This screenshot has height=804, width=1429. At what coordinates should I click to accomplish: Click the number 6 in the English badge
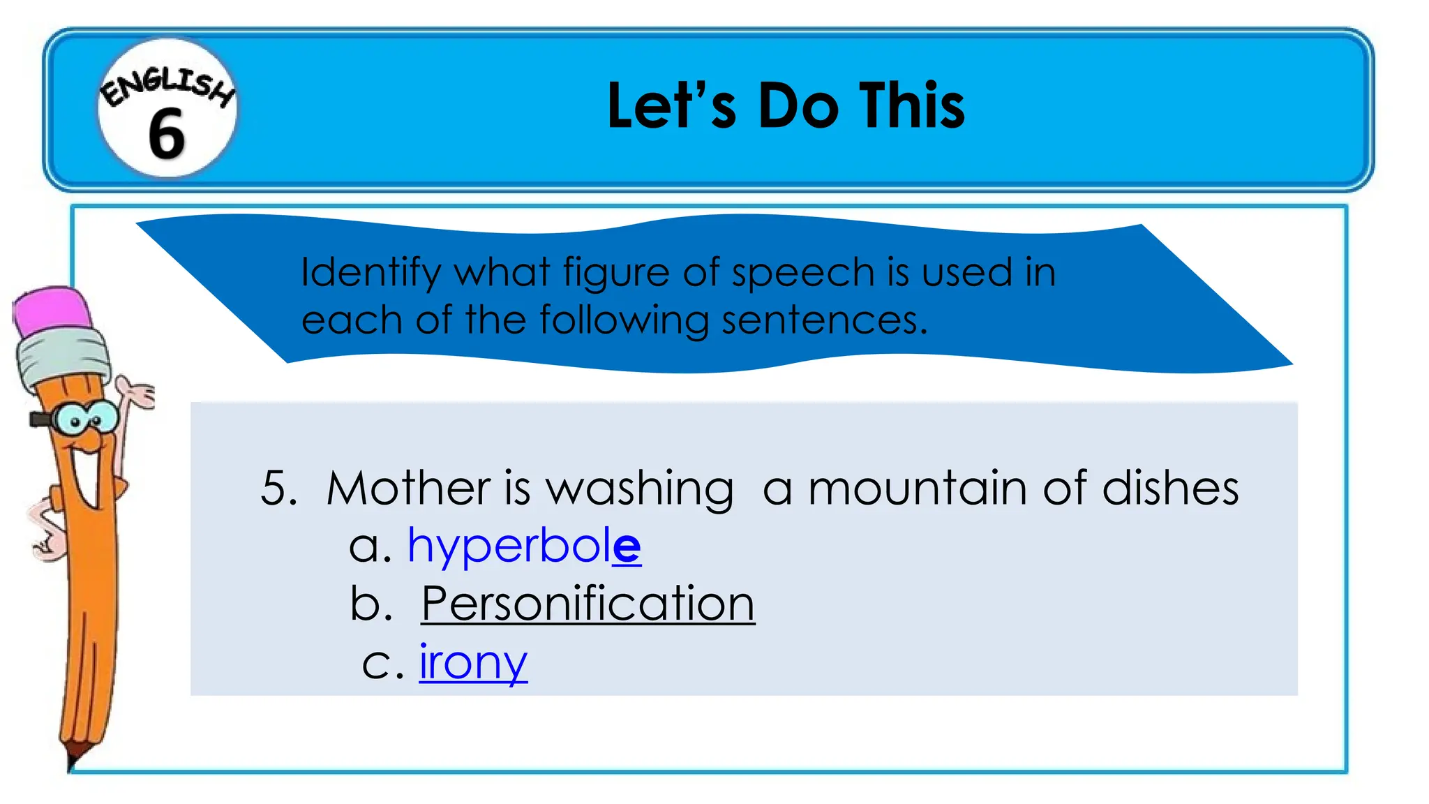[x=167, y=133]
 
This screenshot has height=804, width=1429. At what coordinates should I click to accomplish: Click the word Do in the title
[x=798, y=106]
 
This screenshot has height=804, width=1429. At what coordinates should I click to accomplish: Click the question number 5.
[x=277, y=488]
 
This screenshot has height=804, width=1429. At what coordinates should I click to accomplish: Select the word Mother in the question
[x=408, y=488]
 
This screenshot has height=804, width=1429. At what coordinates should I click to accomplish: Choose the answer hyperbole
[x=524, y=546]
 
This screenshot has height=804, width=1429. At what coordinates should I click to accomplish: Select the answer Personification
[x=588, y=604]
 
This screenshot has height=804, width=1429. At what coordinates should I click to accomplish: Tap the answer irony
[x=473, y=662]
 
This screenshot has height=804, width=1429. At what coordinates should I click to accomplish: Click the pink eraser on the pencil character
[x=54, y=310]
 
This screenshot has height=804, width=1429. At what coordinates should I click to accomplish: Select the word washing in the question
[x=639, y=489]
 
